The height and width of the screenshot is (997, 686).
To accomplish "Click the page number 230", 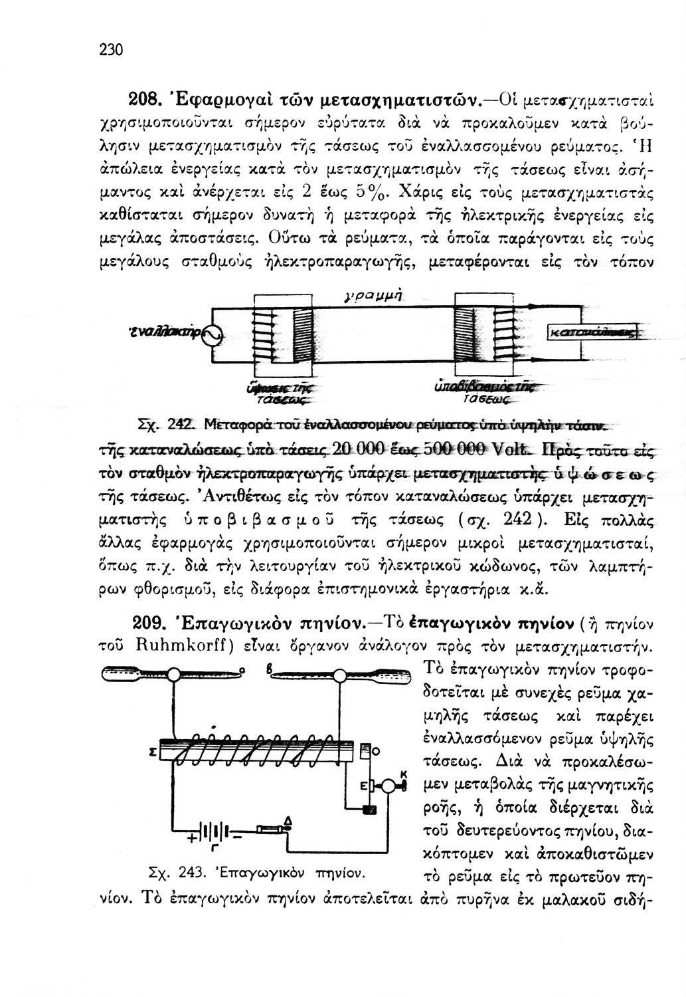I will pos(112,51).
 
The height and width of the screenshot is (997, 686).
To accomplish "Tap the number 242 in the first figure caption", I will pos(180,424).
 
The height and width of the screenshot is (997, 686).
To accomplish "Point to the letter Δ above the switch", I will pos(288,821).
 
